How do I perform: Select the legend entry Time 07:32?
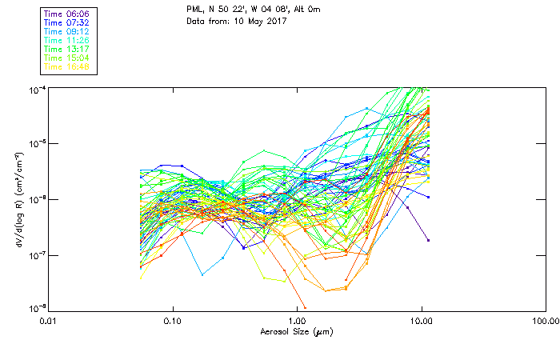(x=67, y=23)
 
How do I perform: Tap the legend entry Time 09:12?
(x=67, y=31)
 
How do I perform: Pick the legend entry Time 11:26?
(x=67, y=40)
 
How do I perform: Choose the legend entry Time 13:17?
(x=67, y=49)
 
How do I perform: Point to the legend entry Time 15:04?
(x=67, y=58)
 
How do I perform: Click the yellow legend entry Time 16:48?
(x=67, y=66)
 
